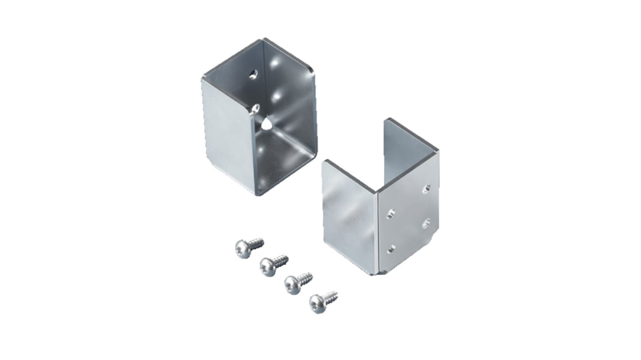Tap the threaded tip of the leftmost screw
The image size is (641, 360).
(x=259, y=240)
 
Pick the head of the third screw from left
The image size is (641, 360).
(x=292, y=284)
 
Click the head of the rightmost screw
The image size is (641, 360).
(x=317, y=302)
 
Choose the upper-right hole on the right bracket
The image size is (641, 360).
(x=426, y=189)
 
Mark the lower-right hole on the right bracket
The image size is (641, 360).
(x=426, y=222)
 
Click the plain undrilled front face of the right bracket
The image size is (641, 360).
(x=349, y=217)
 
